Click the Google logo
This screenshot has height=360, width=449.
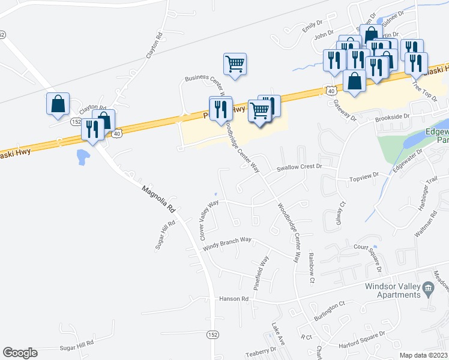tap(20, 353)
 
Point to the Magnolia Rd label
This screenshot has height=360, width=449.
tap(158, 200)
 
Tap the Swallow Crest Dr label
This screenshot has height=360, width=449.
tap(300, 169)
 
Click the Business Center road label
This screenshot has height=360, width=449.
tap(204, 78)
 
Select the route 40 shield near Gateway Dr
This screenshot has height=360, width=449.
tap(331, 89)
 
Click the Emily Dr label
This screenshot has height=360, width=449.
tap(309, 28)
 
